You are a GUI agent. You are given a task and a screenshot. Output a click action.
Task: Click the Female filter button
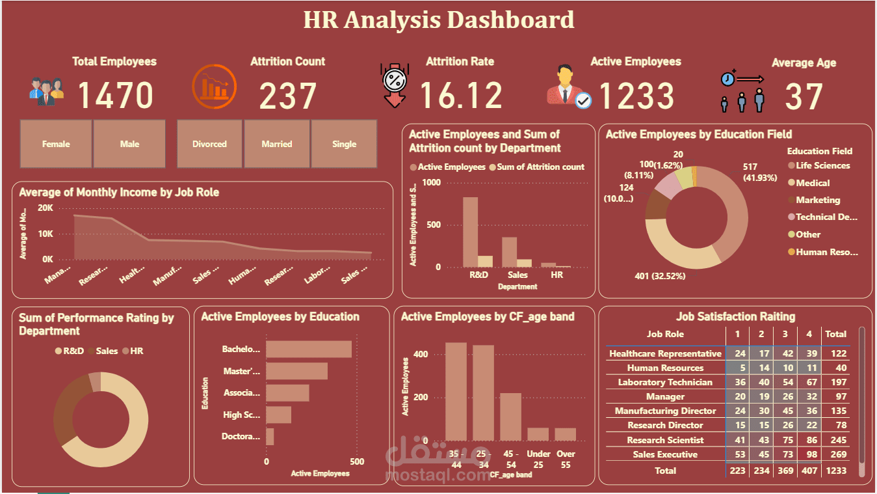[56, 144]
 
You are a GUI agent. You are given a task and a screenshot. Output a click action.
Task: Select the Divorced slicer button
[209, 144]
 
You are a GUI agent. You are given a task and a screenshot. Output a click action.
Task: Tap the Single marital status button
[344, 144]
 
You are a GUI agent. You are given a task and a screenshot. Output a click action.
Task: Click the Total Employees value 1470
[116, 95]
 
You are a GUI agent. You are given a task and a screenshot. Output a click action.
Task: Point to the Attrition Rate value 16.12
[461, 95]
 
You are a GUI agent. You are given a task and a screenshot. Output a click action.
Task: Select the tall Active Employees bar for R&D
[470, 232]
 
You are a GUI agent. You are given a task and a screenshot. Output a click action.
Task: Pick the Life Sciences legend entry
[822, 166]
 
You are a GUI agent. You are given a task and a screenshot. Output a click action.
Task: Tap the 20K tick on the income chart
[46, 208]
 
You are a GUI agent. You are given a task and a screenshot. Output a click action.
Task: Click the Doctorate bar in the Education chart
[270, 436]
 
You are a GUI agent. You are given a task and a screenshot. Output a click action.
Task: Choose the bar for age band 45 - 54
[510, 417]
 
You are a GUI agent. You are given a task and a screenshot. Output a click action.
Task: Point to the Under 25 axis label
[538, 458]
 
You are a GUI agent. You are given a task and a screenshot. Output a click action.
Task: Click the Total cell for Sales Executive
[835, 454]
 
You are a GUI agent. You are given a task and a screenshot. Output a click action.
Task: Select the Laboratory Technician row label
[665, 382]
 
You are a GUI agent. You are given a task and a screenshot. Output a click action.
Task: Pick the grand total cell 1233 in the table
[835, 471]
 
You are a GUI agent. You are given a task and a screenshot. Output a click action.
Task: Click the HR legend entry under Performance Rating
[136, 351]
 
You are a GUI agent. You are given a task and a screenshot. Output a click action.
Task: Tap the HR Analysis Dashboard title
[439, 20]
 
